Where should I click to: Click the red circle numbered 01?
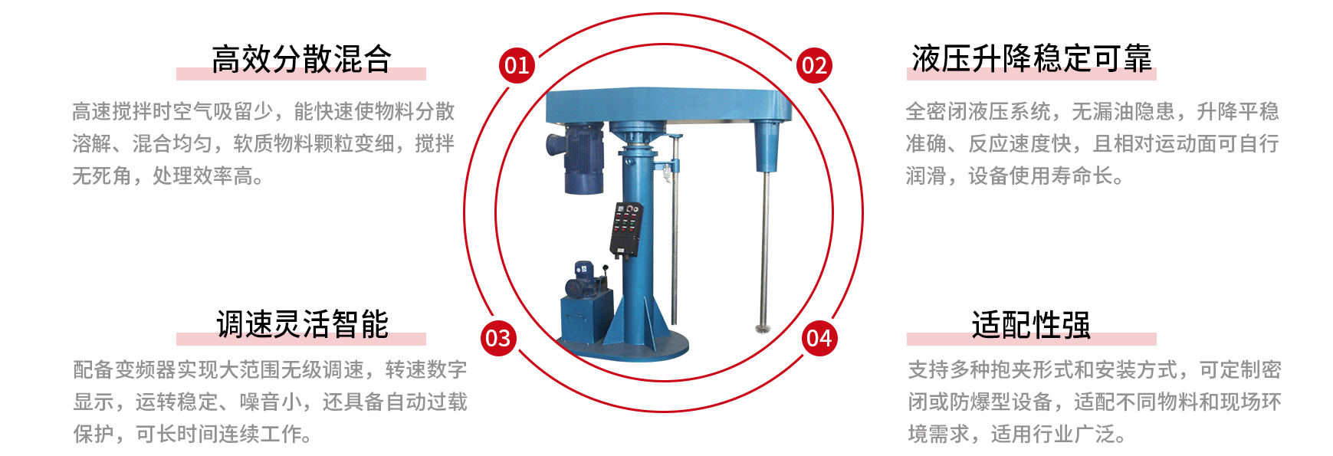tap(517, 65)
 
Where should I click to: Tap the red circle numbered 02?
tap(813, 65)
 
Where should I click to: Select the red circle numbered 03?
tap(498, 338)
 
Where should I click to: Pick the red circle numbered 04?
tap(819, 338)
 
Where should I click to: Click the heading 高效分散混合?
tap(301, 59)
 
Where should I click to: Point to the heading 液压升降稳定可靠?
tap(1032, 59)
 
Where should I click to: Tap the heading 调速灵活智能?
tap(302, 324)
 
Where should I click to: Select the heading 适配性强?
tap(1031, 324)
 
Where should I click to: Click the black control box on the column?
tap(626, 229)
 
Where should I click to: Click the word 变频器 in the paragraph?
tap(146, 369)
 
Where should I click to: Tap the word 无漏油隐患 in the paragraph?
tap(1123, 111)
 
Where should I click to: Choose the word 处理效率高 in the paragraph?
tap(202, 176)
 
